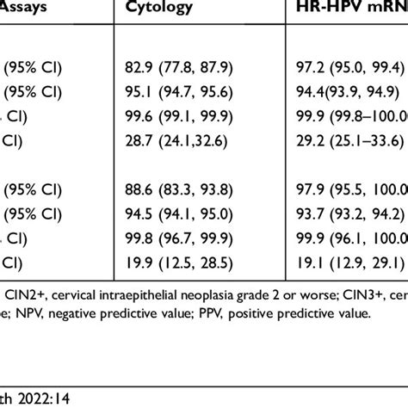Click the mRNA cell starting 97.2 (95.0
(x=353, y=66)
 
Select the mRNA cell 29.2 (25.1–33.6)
(x=353, y=137)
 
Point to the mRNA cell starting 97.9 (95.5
(x=353, y=189)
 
